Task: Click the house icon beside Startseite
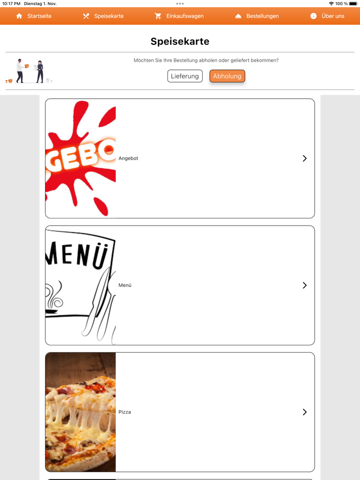(x=20, y=16)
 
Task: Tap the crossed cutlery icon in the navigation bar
(x=86, y=16)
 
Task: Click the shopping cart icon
(x=158, y=16)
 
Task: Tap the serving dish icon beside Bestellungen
(x=238, y=16)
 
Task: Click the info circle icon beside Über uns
(x=313, y=16)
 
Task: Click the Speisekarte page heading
(x=180, y=42)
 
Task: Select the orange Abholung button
(x=227, y=76)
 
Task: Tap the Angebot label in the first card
(x=129, y=158)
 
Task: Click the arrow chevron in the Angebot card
(x=304, y=158)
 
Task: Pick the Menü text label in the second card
(x=125, y=285)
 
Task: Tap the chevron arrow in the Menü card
(x=304, y=285)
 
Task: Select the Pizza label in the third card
(x=124, y=412)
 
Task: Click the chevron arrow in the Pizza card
(x=304, y=412)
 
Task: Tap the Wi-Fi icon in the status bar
(x=331, y=4)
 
